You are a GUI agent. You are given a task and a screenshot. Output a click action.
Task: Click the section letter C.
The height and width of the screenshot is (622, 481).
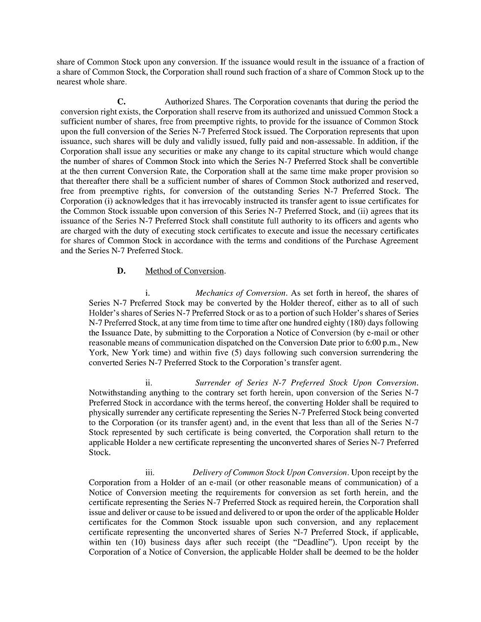(121, 102)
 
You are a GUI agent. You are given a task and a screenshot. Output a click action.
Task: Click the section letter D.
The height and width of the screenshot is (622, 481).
(121, 271)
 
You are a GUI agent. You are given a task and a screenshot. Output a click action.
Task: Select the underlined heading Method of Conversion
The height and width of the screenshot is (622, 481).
(185, 271)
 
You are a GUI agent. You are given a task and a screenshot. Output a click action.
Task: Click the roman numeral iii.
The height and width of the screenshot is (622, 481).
(150, 473)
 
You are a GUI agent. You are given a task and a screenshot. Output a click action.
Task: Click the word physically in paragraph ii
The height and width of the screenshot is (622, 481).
(106, 413)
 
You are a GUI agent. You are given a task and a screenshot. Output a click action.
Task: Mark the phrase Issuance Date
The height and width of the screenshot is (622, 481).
(114, 333)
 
